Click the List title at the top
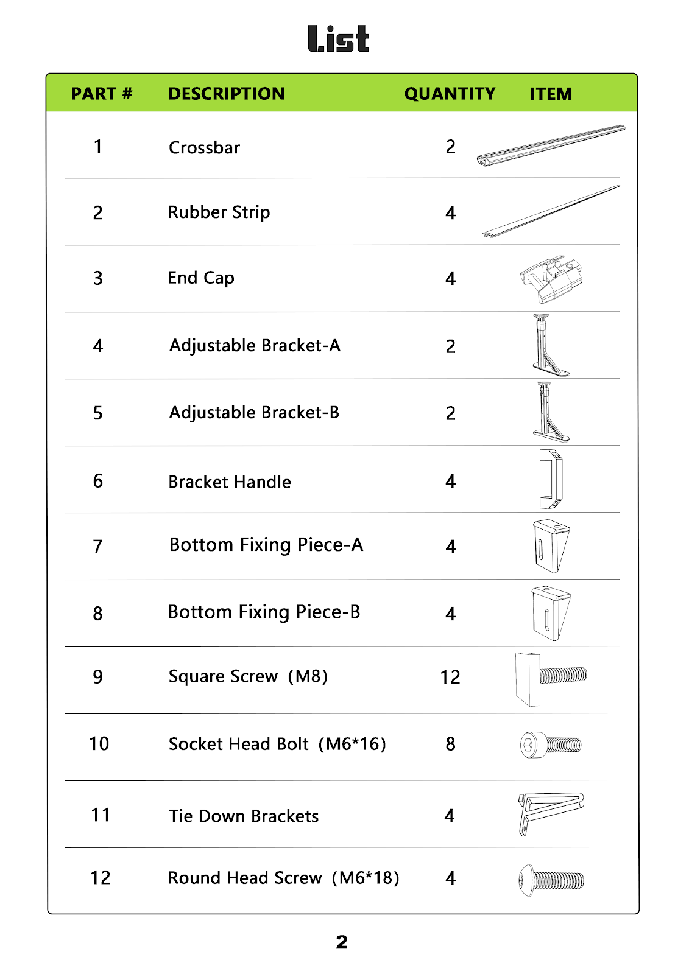[x=338, y=39]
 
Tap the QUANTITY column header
[x=450, y=94]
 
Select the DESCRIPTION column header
[x=226, y=94]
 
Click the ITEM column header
[x=551, y=94]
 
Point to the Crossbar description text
[x=204, y=148]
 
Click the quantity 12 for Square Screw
[x=450, y=677]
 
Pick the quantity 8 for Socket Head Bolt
[x=450, y=744]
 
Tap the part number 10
[x=99, y=744]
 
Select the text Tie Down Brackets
[x=244, y=816]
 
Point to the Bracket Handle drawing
[x=551, y=479]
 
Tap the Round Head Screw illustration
[x=551, y=880]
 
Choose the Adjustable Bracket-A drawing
[x=549, y=346]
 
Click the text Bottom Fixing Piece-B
[x=264, y=612]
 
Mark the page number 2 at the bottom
[x=342, y=942]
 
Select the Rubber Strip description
[x=219, y=212]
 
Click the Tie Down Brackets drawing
[x=550, y=812]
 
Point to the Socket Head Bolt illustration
[x=551, y=745]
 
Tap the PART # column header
[x=101, y=94]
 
